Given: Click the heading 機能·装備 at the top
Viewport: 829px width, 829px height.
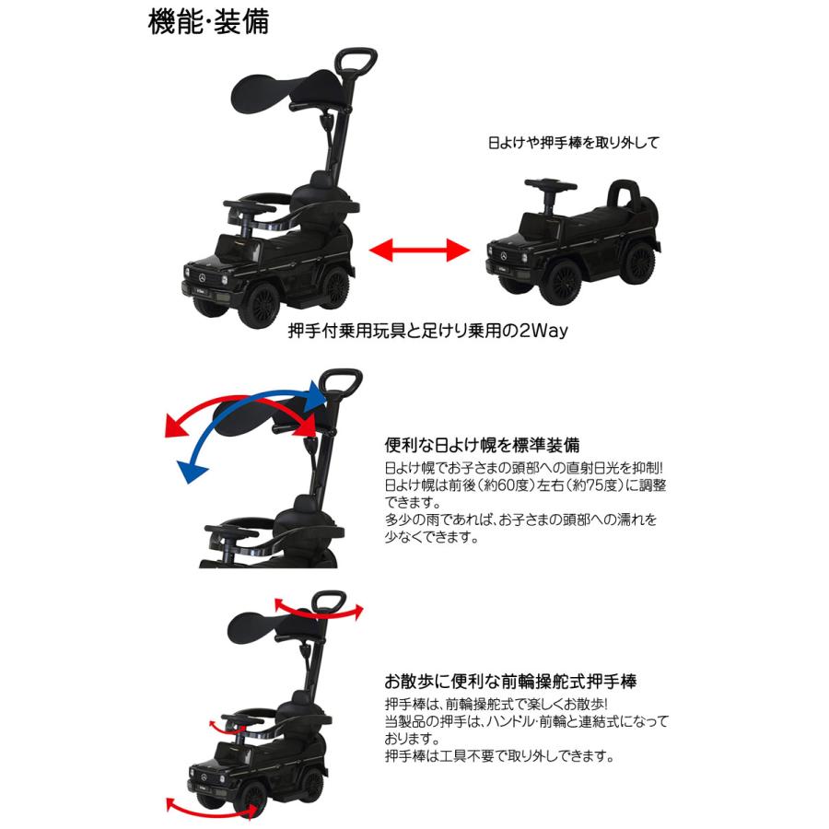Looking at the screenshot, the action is (x=208, y=21).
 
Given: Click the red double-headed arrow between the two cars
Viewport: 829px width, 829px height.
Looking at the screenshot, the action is (x=414, y=249).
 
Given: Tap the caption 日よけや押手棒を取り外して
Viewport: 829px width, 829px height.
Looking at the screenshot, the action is (x=574, y=144).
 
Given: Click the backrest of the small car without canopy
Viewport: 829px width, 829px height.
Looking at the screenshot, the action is (x=626, y=195).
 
